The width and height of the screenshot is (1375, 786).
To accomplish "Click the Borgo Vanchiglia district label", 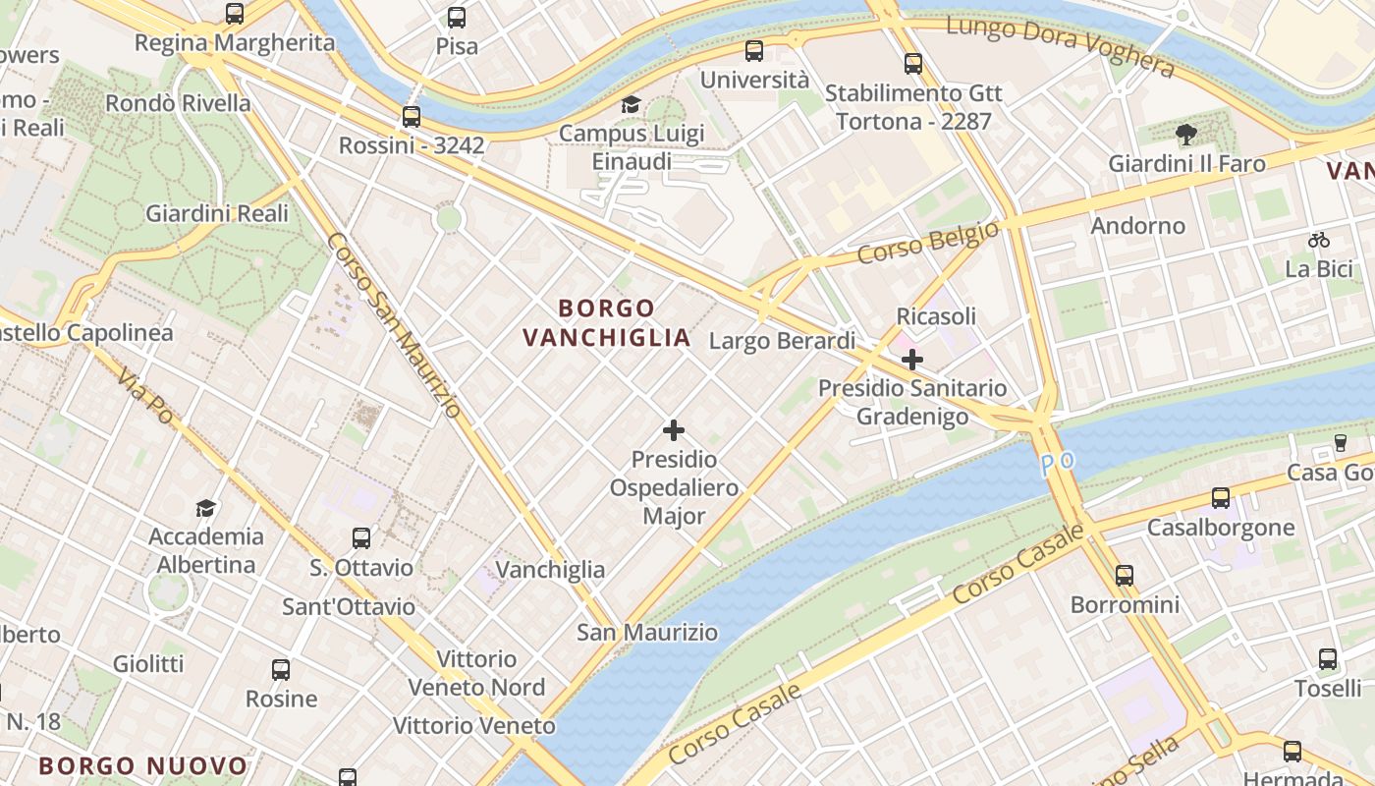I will [606, 323].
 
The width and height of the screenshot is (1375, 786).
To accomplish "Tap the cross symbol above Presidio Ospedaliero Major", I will [674, 430].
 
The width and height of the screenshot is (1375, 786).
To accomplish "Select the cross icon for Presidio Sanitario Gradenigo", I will [912, 360].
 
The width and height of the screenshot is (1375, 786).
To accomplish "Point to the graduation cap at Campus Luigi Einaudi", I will [631, 105].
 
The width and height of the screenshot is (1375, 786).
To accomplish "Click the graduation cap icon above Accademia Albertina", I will [205, 508].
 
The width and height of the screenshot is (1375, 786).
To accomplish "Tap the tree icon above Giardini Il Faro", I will [1186, 135].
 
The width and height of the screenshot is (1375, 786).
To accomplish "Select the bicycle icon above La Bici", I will [1319, 240].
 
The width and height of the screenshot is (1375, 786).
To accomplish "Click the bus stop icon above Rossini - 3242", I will [412, 117].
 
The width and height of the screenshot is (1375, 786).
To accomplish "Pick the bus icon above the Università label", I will [754, 51].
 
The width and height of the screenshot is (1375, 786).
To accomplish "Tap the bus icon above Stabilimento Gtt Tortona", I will [913, 64].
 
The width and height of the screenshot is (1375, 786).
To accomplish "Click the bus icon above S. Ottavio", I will [361, 538].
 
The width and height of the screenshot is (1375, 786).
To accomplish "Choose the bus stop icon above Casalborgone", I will [1221, 498].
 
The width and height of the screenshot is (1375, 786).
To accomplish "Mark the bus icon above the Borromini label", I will [1125, 576].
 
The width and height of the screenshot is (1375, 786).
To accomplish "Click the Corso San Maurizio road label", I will [393, 324].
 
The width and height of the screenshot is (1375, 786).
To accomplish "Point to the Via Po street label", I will [144, 396].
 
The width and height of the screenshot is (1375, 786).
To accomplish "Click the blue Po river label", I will [1059, 463].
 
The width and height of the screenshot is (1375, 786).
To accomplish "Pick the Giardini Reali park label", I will [217, 213].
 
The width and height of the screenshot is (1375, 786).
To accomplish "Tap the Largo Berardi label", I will [782, 341].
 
